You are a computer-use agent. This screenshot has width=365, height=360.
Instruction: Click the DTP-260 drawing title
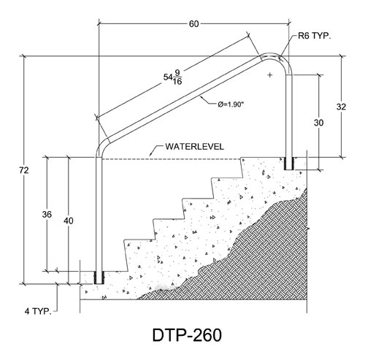tap(187, 335)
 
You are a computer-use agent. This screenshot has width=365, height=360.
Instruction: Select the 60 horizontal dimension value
tap(193, 24)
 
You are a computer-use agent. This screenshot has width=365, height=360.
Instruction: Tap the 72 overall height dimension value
tap(24, 170)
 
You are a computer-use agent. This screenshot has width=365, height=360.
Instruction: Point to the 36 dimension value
tap(47, 215)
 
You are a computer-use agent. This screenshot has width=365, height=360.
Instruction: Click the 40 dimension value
tap(69, 221)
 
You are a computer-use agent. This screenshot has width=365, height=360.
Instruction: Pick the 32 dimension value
tap(341, 107)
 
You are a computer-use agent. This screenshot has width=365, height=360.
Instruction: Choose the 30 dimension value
tap(318, 123)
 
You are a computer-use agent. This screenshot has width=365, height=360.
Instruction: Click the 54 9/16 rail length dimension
tap(173, 77)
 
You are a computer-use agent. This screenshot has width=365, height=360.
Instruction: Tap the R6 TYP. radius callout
tap(315, 36)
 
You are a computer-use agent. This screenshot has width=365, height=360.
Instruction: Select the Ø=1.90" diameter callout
tap(231, 104)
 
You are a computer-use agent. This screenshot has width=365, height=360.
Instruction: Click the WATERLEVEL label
tap(194, 147)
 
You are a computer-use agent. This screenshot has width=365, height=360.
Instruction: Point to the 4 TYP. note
tap(38, 311)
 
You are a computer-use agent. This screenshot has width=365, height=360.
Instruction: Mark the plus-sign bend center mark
tap(270, 75)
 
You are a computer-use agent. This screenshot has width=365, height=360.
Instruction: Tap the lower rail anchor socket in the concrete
tap(99, 277)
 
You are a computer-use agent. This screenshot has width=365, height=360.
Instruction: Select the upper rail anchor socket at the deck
tap(289, 164)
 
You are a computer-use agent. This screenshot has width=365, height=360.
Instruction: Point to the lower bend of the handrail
tap(100, 147)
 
